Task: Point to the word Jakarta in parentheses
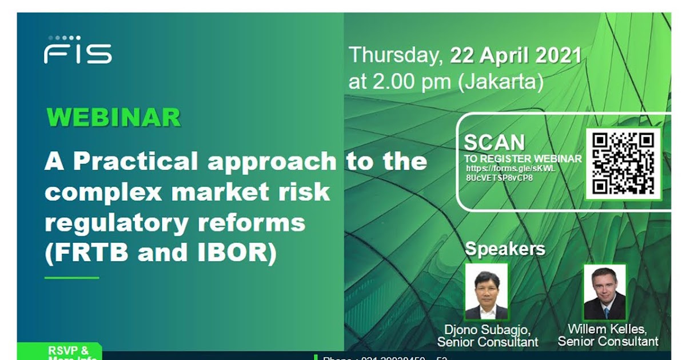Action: (x=501, y=82)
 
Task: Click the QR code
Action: (x=623, y=163)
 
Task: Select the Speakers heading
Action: (x=505, y=249)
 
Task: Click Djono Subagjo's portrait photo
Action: (x=486, y=292)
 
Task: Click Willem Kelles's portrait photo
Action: (x=604, y=292)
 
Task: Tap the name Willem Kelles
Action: (x=607, y=330)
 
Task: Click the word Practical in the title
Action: (x=137, y=162)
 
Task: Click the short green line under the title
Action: (x=72, y=278)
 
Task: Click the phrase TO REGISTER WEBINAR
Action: (x=523, y=159)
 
